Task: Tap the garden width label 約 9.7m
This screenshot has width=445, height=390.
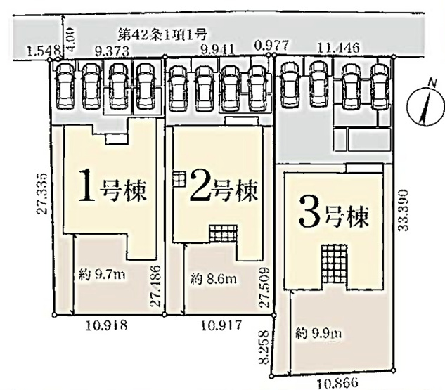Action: pyautogui.click(x=101, y=274)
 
